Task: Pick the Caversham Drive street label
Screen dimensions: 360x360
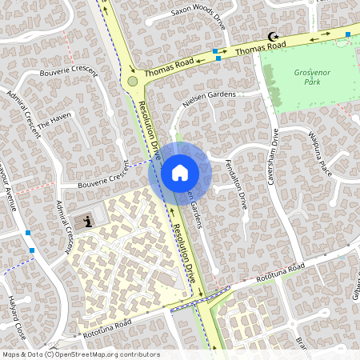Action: pyautogui.click(x=274, y=157)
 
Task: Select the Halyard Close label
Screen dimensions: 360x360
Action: pyautogui.click(x=10, y=315)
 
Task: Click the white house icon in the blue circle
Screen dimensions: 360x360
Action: pyautogui.click(x=180, y=172)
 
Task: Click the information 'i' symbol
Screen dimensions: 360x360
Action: pyautogui.click(x=89, y=220)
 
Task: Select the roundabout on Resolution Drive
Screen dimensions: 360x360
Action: pyautogui.click(x=133, y=81)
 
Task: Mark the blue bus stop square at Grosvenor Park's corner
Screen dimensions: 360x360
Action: pyautogui.click(x=348, y=34)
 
